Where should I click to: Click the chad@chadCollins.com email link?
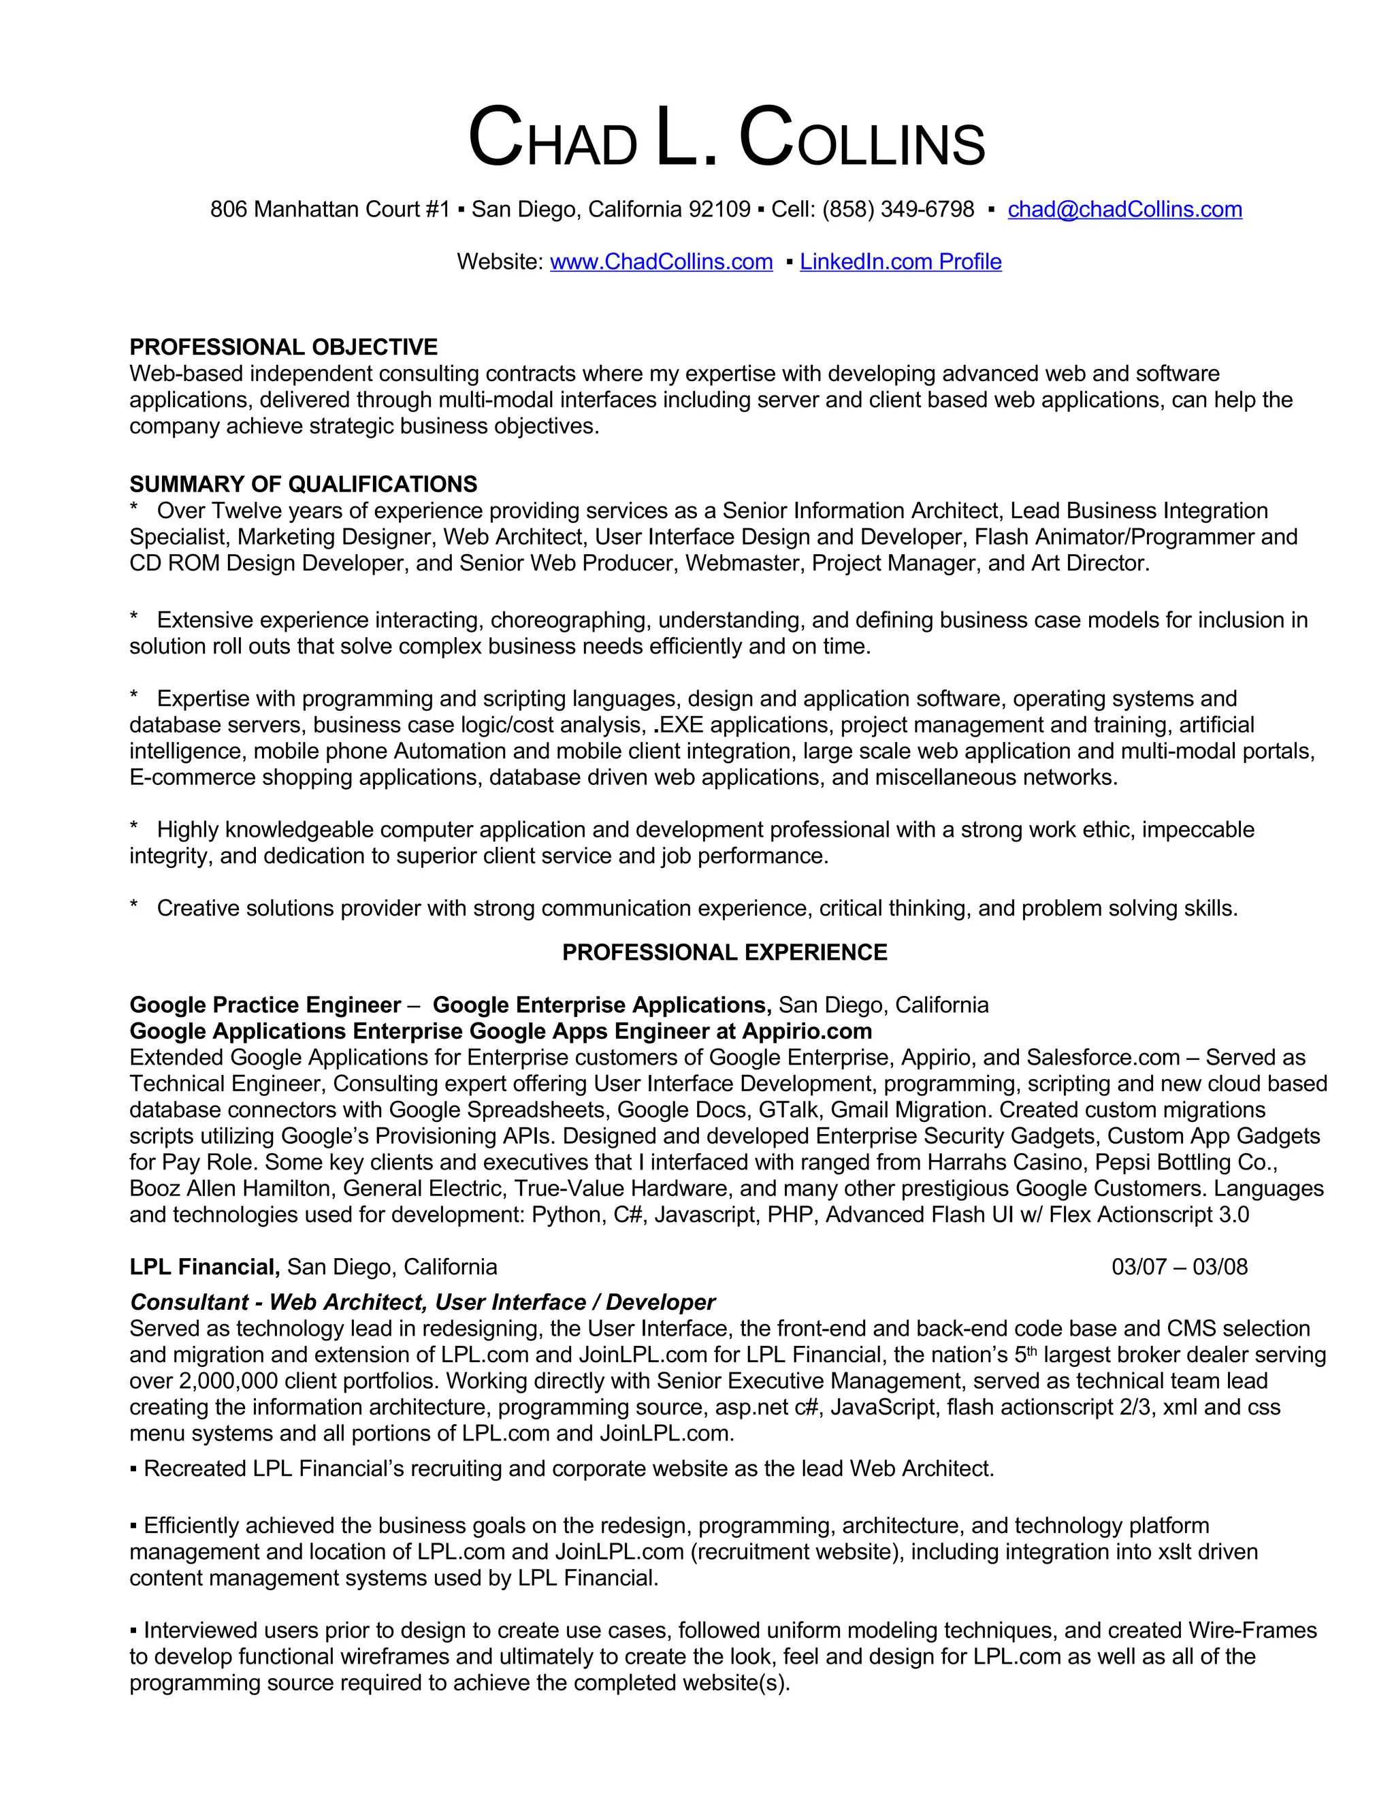pos(1124,210)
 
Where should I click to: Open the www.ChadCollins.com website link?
pos(661,262)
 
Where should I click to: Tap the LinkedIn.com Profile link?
pos(900,262)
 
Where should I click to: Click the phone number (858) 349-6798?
pos(898,210)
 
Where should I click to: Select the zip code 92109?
pos(719,210)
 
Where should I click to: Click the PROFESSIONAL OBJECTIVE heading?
pos(283,347)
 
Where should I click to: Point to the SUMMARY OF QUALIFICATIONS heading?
pos(303,484)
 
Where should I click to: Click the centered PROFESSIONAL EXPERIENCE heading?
pos(724,952)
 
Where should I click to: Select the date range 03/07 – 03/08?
pos(1180,1267)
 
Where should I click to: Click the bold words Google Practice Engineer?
pos(265,1005)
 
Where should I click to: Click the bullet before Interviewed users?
pos(134,1631)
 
